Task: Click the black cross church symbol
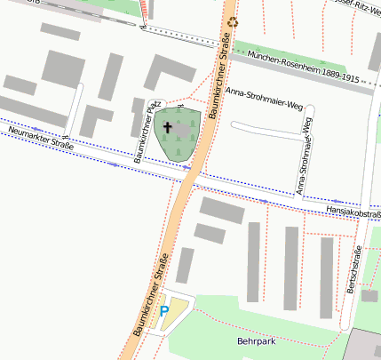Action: [167, 128]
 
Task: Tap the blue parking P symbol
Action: [164, 311]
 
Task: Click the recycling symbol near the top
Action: [233, 22]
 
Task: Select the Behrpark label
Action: [257, 340]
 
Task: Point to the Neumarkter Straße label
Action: [39, 138]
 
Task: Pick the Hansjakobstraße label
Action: [354, 212]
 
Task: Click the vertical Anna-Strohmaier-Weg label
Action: [304, 155]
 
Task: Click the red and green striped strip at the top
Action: [147, 10]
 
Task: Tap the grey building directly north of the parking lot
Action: [185, 265]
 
